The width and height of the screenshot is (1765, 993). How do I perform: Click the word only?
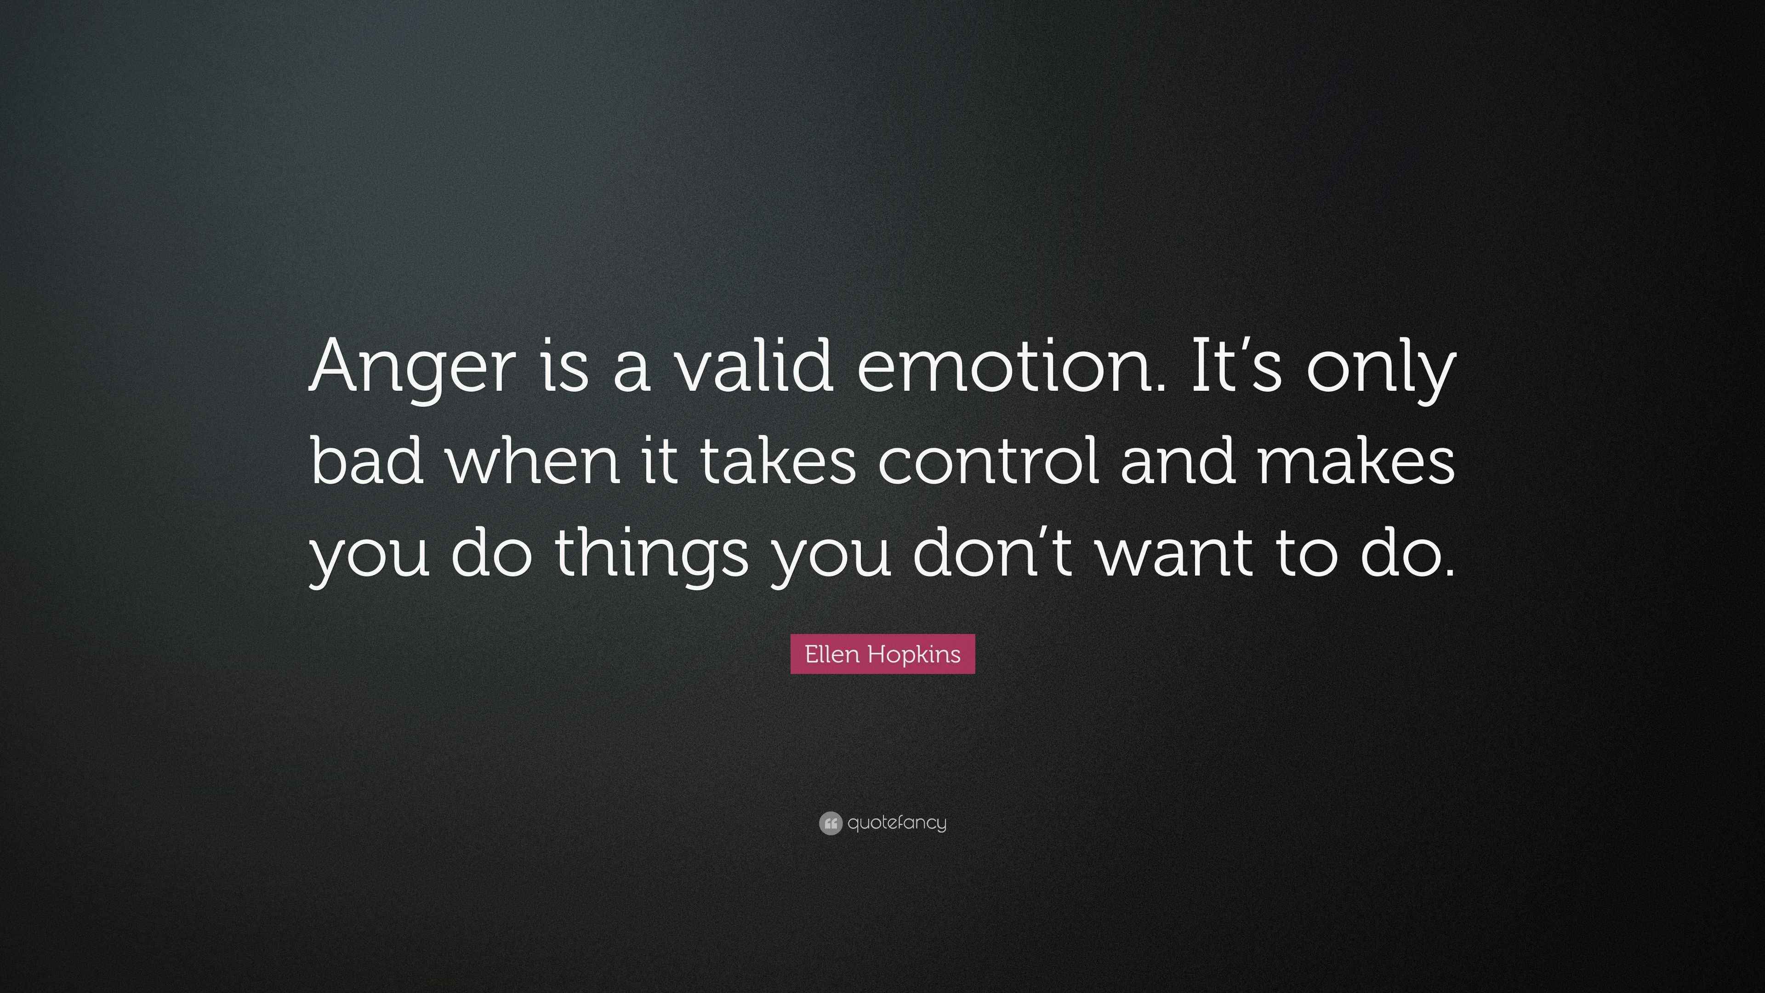click(1381, 370)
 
